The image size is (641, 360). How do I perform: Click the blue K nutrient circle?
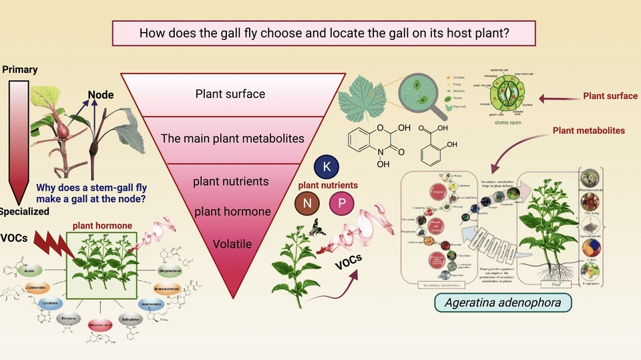click(x=327, y=166)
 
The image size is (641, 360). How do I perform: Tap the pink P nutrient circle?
click(x=341, y=203)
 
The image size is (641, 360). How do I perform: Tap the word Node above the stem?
click(x=101, y=95)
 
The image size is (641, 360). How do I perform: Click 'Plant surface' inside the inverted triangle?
click(x=230, y=94)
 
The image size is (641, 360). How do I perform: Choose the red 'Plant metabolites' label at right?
click(x=588, y=130)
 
